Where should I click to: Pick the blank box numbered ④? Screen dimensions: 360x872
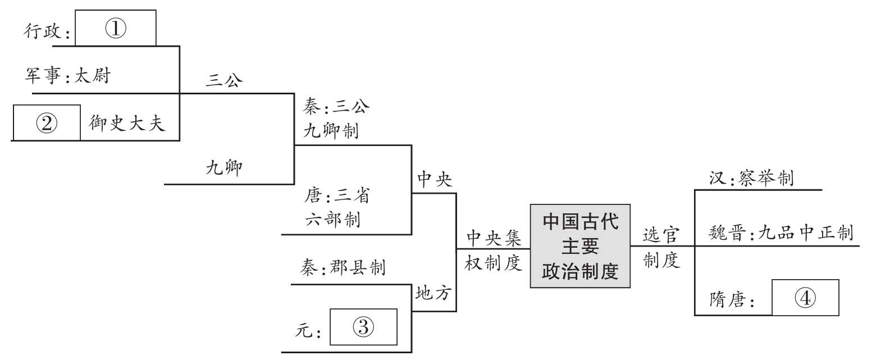(x=806, y=298)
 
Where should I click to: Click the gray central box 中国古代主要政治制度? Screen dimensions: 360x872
(x=580, y=247)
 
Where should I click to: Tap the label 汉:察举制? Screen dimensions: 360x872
(x=751, y=178)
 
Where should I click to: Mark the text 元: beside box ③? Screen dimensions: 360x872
(x=308, y=331)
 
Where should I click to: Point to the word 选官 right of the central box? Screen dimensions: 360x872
(x=661, y=236)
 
